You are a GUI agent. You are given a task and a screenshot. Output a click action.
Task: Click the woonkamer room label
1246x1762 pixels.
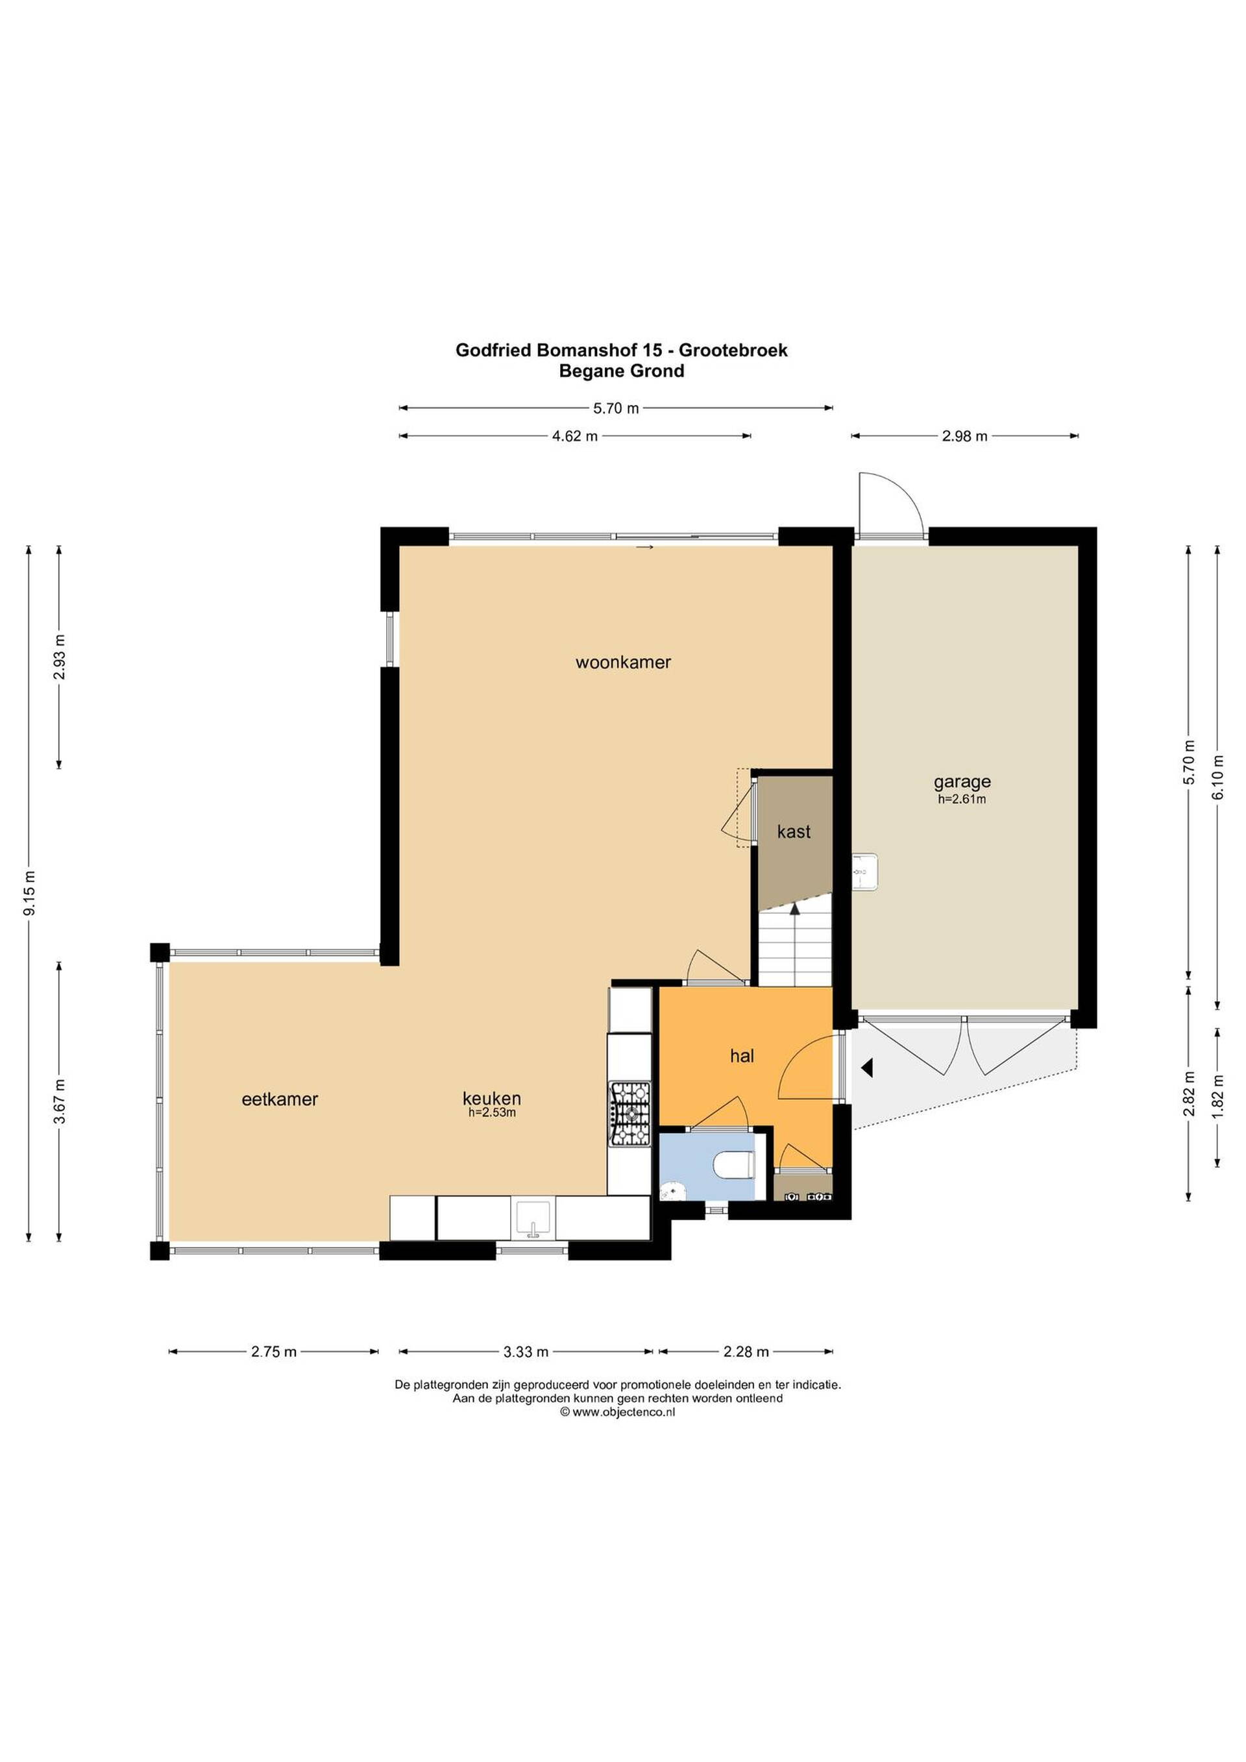pyautogui.click(x=623, y=662)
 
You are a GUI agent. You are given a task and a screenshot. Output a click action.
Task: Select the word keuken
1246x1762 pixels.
pyautogui.click(x=492, y=1098)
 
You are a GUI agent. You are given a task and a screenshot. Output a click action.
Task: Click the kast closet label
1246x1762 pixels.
pyautogui.click(x=793, y=832)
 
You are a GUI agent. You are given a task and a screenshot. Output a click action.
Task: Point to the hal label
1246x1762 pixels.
pyautogui.click(x=742, y=1056)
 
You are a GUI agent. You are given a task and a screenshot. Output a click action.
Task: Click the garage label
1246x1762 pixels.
pyautogui.click(x=962, y=783)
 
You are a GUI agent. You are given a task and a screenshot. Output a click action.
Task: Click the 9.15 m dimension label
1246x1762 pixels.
pyautogui.click(x=30, y=893)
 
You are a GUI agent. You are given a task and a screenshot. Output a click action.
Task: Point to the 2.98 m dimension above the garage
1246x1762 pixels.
pyautogui.click(x=964, y=437)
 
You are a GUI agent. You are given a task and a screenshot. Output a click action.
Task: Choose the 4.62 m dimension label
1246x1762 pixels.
pyautogui.click(x=575, y=437)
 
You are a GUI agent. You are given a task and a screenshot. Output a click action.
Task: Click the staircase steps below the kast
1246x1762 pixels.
pyautogui.click(x=795, y=943)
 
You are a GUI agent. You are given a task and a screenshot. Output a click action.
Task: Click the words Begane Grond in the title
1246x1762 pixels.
pyautogui.click(x=622, y=371)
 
